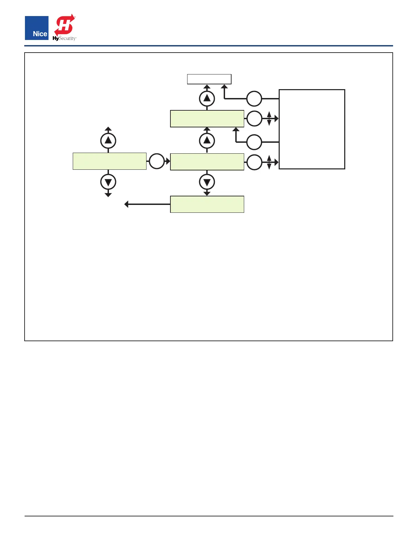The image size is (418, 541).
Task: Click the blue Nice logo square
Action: click(37, 28)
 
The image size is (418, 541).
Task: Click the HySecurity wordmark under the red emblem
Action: click(65, 39)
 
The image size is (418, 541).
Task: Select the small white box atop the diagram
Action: click(209, 79)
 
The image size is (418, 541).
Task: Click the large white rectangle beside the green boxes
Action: click(312, 129)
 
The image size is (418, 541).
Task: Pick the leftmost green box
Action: click(109, 161)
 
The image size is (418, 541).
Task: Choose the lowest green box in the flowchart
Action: click(207, 204)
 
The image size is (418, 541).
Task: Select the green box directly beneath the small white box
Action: click(207, 119)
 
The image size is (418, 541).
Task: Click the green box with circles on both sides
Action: click(207, 162)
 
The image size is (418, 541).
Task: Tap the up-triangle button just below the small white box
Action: click(207, 99)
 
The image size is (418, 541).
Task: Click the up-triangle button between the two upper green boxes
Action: click(207, 141)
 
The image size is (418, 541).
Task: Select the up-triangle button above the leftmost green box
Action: click(108, 141)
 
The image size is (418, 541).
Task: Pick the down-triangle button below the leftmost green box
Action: click(108, 182)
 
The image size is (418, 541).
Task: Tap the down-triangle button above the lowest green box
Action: click(207, 182)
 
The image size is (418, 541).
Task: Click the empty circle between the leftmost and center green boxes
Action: click(157, 161)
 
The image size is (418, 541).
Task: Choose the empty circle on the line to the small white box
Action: click(254, 99)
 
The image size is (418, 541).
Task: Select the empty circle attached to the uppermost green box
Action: click(254, 119)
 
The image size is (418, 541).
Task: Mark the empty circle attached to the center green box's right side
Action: click(254, 162)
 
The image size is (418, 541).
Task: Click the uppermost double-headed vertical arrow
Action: click(269, 119)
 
